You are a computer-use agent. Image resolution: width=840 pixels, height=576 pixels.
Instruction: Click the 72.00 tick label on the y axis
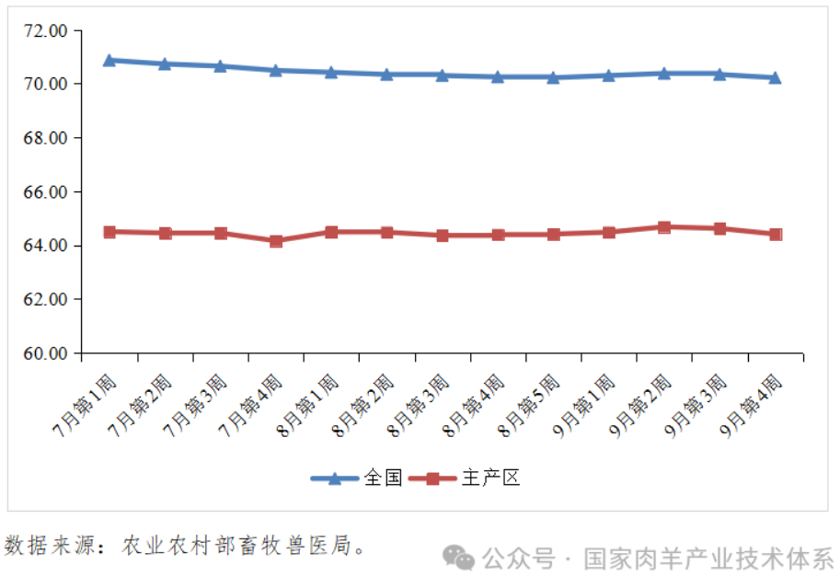click(x=47, y=30)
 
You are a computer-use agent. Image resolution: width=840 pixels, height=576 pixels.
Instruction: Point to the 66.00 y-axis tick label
click(x=47, y=192)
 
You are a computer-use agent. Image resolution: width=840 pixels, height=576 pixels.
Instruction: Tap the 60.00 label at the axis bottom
click(x=47, y=353)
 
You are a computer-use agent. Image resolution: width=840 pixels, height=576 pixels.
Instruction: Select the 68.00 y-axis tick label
click(x=47, y=138)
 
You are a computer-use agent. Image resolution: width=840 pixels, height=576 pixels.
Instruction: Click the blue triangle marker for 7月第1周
click(x=109, y=60)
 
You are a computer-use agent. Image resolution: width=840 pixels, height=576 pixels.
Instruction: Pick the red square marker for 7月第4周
click(x=276, y=241)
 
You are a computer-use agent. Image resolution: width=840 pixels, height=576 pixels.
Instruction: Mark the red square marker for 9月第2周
click(x=664, y=226)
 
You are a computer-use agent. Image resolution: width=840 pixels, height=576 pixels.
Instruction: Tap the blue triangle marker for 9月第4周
click(x=776, y=78)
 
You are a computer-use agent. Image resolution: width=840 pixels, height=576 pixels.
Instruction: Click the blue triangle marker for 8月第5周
click(x=553, y=78)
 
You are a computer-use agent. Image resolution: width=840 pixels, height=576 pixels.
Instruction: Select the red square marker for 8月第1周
click(x=331, y=232)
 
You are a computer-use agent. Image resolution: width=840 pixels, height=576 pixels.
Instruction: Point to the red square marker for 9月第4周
click(x=776, y=235)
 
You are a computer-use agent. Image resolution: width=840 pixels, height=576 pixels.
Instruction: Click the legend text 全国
click(x=383, y=478)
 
